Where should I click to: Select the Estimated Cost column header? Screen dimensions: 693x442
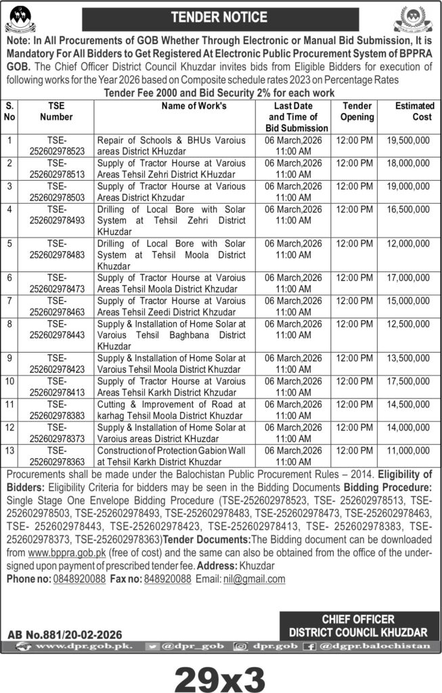(413, 112)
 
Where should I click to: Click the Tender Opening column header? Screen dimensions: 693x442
(357, 112)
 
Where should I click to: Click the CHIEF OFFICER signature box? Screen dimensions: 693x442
(358, 626)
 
